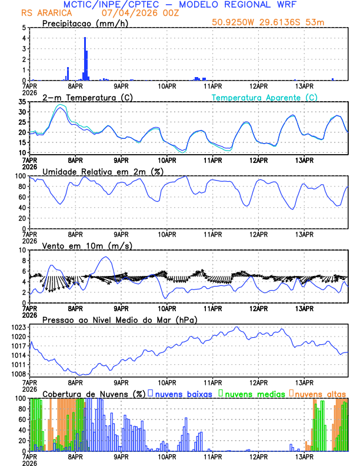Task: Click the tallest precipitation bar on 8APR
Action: click(85, 59)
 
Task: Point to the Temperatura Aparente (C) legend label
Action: click(265, 97)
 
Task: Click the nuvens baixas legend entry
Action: click(182, 394)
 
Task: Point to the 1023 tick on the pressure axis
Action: click(19, 327)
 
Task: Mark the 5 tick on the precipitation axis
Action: click(24, 28)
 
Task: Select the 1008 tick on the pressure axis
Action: click(19, 374)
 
